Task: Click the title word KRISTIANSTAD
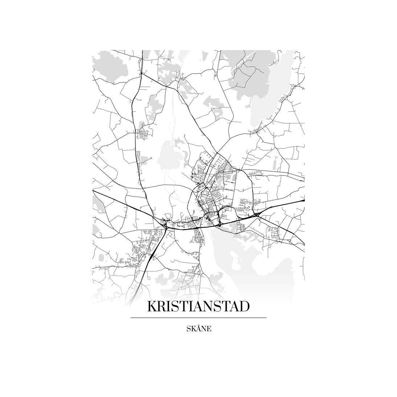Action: pyautogui.click(x=198, y=306)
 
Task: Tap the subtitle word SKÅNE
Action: pyautogui.click(x=198, y=329)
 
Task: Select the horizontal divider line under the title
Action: pyautogui.click(x=198, y=318)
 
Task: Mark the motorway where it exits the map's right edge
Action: pyautogui.click(x=303, y=200)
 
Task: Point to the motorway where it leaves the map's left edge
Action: pyautogui.click(x=94, y=190)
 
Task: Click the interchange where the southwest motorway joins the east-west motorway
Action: pyautogui.click(x=165, y=225)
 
